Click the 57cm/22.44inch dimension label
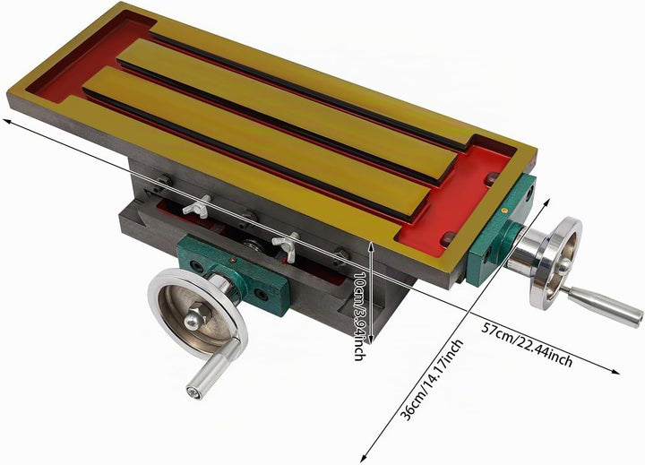(x=528, y=344)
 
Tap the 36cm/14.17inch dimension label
(x=432, y=380)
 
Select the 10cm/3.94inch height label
(x=359, y=316)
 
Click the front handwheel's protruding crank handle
(x=213, y=369)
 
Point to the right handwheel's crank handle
(x=602, y=304)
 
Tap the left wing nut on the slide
(x=197, y=205)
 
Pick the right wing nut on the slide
(x=287, y=247)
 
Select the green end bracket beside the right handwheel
(x=500, y=230)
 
